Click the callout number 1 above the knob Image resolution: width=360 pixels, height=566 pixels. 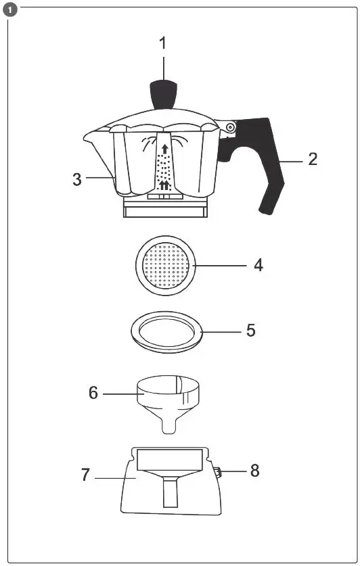[x=162, y=43]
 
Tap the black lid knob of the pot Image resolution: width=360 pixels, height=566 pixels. [x=163, y=94]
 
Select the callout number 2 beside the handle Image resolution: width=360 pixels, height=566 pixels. [x=312, y=160]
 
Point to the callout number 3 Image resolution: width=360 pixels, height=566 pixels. [x=78, y=179]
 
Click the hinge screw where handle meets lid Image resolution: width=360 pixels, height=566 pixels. [x=230, y=127]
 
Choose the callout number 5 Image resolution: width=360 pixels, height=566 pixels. [x=250, y=331]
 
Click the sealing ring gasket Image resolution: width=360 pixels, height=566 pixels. [x=166, y=332]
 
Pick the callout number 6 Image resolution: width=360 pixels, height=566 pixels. [x=93, y=392]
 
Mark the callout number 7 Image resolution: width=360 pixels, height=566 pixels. [x=85, y=475]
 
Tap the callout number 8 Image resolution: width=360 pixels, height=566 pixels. [x=254, y=471]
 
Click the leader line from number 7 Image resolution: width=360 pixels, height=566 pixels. [x=115, y=478]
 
